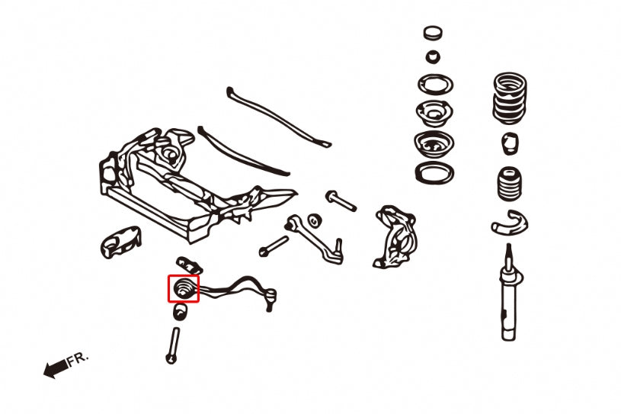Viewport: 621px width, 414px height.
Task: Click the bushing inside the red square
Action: point(184,289)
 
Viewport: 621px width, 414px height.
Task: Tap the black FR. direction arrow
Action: point(55,371)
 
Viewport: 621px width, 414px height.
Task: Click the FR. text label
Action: point(78,358)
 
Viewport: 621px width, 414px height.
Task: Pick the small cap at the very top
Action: point(433,34)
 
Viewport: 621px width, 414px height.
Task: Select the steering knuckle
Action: point(396,236)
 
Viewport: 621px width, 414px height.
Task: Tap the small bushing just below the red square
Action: point(181,313)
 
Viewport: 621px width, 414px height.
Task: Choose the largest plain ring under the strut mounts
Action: point(434,172)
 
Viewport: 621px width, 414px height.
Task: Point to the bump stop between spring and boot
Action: point(510,143)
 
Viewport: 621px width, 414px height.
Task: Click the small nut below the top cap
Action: point(433,56)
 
